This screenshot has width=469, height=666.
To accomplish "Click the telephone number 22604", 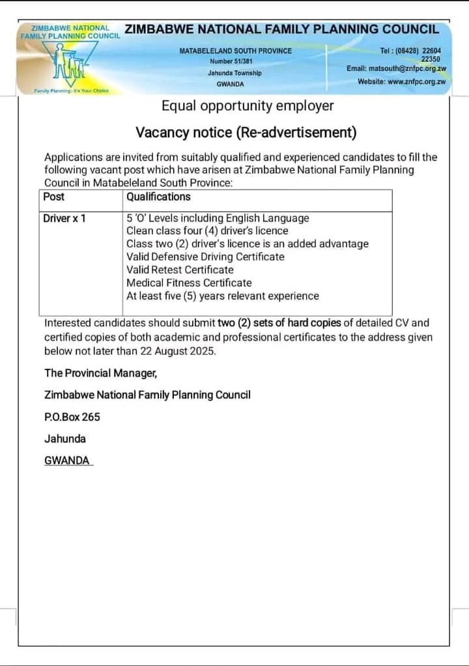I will [431, 50].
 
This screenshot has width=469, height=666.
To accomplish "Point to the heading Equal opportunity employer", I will [248, 106].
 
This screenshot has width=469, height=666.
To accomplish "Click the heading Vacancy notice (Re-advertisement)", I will [246, 132].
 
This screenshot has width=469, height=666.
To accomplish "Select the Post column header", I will [54, 197].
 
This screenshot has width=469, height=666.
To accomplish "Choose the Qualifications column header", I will [158, 197].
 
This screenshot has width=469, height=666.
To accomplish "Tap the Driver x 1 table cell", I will [64, 218].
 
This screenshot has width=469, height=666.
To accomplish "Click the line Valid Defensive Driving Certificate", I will [205, 257].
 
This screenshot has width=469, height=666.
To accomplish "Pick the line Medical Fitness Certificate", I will [189, 283].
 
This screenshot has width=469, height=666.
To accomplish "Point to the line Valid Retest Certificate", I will [180, 270].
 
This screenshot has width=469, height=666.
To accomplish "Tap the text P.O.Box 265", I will [72, 417].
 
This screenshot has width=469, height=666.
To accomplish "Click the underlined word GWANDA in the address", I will [67, 461].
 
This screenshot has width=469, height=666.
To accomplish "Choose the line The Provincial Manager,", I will [100, 373].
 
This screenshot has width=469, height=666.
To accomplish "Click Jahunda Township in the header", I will [234, 73].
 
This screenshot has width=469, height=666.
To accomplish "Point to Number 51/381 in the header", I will [234, 61].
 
